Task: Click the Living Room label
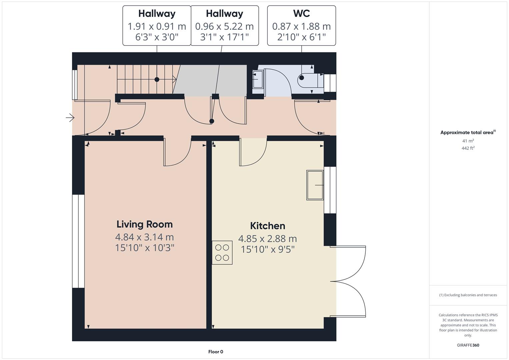point(145,224)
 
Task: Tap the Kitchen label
point(267,226)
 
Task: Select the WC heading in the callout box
point(302,13)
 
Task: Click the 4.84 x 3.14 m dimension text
point(145,237)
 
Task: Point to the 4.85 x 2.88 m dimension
point(267,239)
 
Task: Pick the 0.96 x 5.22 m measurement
point(225,26)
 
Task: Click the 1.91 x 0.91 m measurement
point(157,26)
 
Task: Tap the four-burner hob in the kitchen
point(222,253)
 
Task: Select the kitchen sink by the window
point(315,185)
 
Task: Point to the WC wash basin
point(258,79)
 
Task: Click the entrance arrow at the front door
point(70,118)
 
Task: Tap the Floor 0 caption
point(216,352)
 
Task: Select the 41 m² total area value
point(468,141)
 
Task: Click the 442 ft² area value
point(468,148)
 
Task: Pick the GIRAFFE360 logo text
point(468,345)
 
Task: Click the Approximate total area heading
point(468,132)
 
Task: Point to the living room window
point(78,241)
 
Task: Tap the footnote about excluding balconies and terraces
point(468,295)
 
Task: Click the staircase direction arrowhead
point(175,79)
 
